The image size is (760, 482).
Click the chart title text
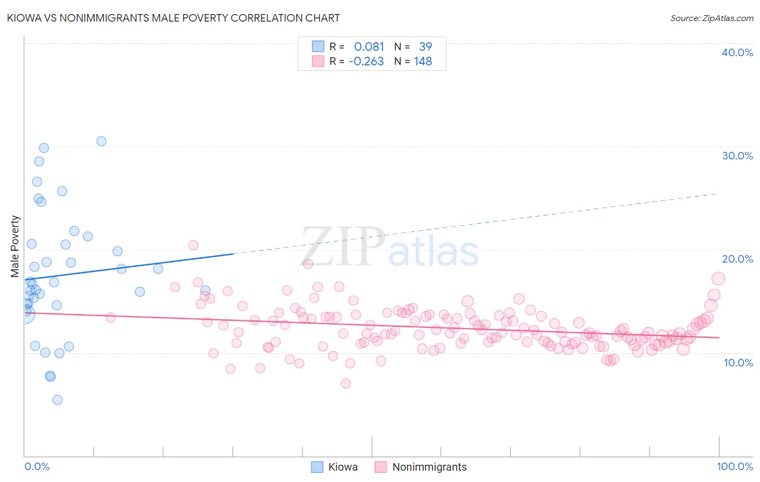[173, 18]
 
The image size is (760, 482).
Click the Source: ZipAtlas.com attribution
[711, 18]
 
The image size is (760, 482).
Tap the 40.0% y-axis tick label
[737, 52]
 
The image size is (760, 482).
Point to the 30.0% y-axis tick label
[737, 156]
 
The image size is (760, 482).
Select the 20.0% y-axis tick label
[737, 259]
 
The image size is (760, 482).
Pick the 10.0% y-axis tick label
[738, 363]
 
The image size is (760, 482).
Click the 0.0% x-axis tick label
[37, 466]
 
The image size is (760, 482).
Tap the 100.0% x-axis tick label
[735, 466]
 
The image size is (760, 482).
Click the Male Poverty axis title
[15, 246]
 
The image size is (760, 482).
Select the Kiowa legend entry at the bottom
[343, 467]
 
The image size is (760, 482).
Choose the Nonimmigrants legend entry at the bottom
[429, 467]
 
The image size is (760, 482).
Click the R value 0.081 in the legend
[369, 46]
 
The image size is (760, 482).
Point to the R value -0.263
[366, 62]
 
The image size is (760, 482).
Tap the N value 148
[423, 62]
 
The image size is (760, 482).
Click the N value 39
[425, 46]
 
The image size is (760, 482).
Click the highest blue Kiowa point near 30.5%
[101, 141]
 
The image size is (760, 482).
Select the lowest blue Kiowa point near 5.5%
[57, 400]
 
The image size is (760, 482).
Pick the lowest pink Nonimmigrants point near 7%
[346, 384]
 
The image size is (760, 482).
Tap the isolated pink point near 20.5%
[193, 245]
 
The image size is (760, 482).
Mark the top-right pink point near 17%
[718, 278]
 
